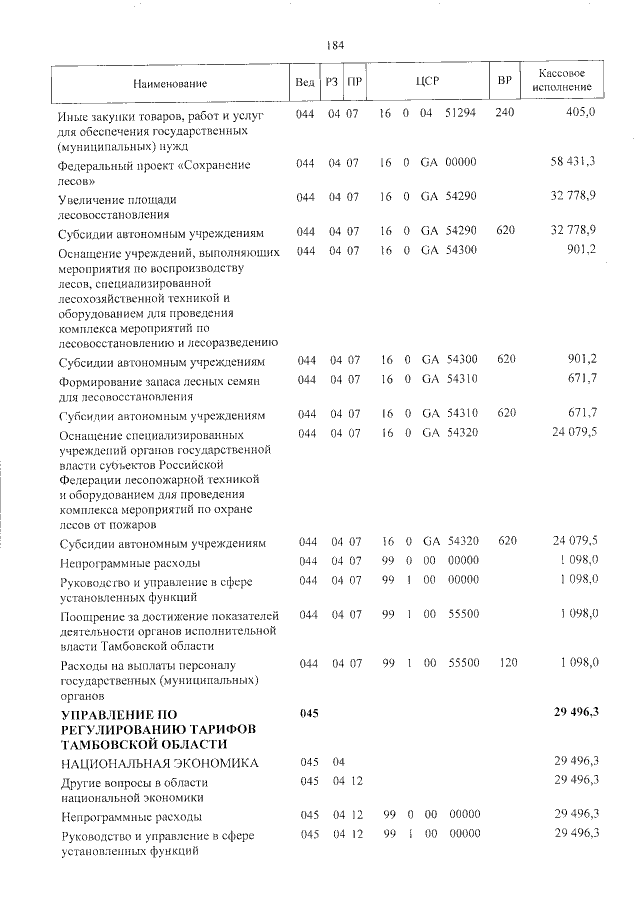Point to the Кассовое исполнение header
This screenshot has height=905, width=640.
tap(561, 81)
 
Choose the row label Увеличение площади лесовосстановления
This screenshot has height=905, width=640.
tap(127, 206)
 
